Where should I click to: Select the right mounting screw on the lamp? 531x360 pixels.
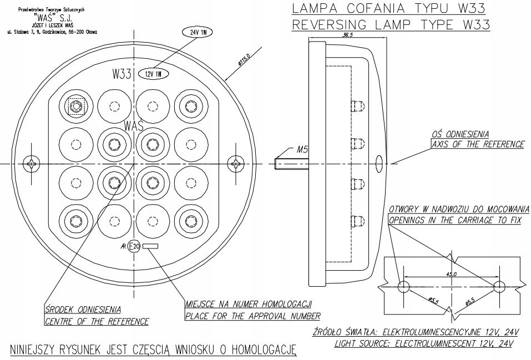(x=238, y=164)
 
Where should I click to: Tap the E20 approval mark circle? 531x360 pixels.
(x=134, y=246)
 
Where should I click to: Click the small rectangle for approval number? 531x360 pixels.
(x=150, y=246)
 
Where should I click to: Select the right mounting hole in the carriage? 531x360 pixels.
(x=499, y=287)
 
